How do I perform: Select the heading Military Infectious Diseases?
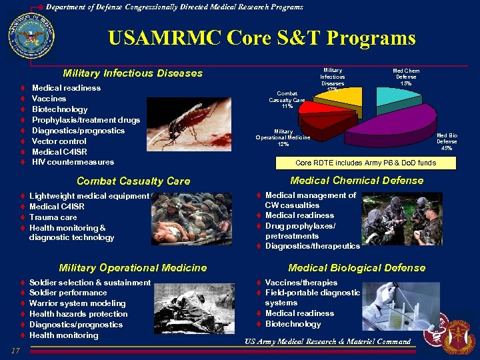(x=132, y=73)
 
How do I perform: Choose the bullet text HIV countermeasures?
(x=73, y=162)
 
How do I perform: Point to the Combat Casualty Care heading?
(x=133, y=181)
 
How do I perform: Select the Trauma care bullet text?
(x=53, y=217)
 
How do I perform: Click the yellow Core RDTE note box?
(x=365, y=162)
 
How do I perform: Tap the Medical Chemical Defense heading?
(x=357, y=181)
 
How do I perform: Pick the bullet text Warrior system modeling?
(x=77, y=303)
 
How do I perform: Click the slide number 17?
(x=17, y=351)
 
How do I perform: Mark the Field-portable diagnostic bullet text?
(x=312, y=292)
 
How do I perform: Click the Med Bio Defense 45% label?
(x=447, y=141)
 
